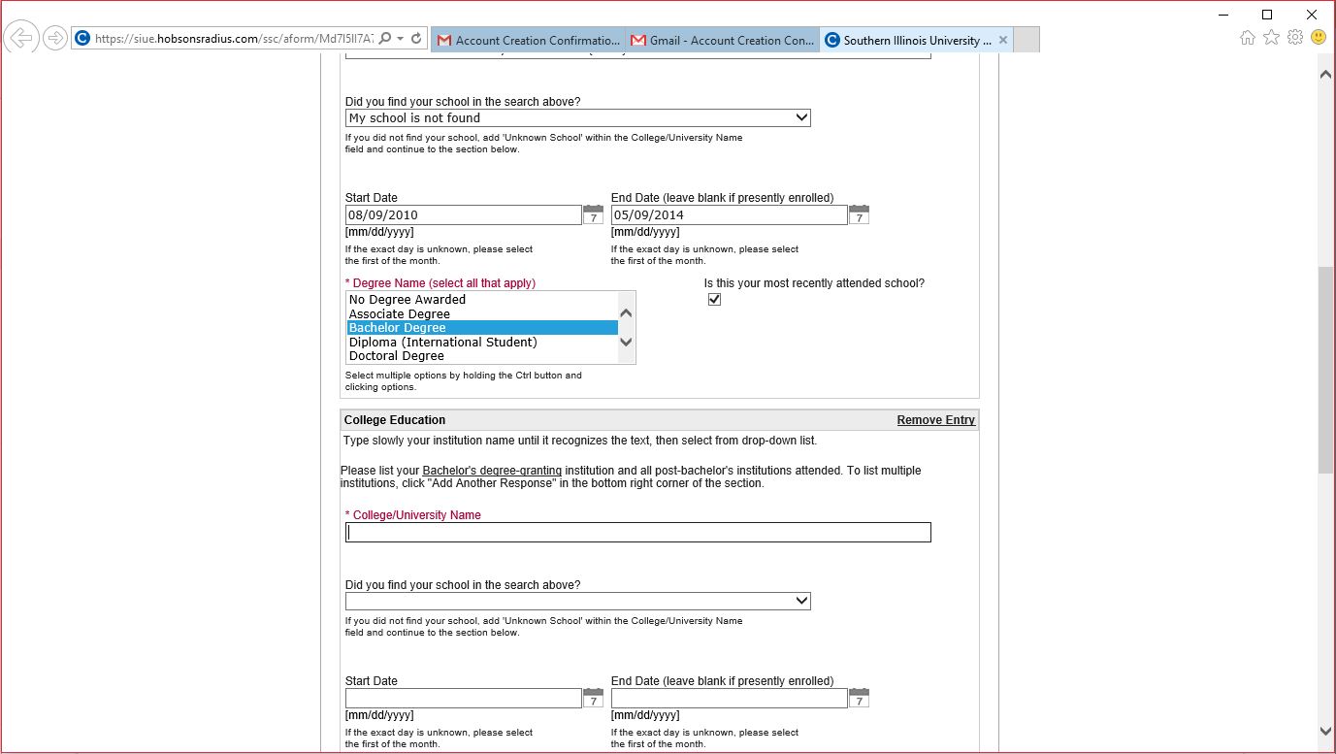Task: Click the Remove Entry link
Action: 935,420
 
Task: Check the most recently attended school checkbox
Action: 715,300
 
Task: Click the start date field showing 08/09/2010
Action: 463,215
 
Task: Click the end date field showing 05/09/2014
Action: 729,215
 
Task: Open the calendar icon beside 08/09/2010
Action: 593,214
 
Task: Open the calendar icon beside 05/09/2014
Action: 859,214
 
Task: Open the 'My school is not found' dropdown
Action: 577,118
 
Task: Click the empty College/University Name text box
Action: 637,533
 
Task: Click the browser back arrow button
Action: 20,39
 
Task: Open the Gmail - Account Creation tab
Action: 723,41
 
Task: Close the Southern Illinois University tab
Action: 1003,40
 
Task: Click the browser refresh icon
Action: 416,39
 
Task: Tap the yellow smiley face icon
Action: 1318,37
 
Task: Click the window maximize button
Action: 1267,15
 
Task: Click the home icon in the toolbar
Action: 1248,37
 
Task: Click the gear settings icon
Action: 1294,37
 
